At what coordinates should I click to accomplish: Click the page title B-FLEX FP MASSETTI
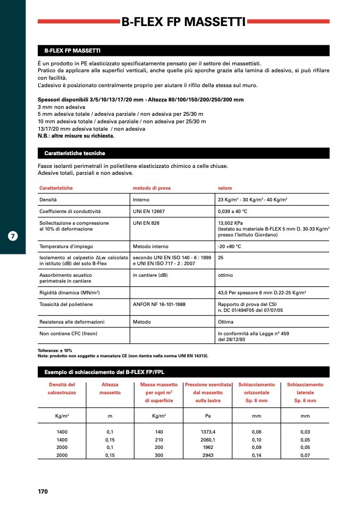pyautogui.click(x=183, y=22)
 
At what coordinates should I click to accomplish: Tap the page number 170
pyautogui.click(x=43, y=491)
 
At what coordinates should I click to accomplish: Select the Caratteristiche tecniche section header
pyautogui.click(x=74, y=154)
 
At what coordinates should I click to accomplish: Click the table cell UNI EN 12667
pyautogui.click(x=149, y=211)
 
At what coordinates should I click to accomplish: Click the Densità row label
pyautogui.click(x=48, y=200)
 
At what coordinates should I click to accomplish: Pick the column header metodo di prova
pyautogui.click(x=152, y=188)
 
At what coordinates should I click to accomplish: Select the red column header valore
pyautogui.click(x=225, y=188)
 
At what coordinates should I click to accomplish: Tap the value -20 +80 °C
pyautogui.click(x=230, y=247)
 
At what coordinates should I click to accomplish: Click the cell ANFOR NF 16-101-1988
pyautogui.click(x=160, y=304)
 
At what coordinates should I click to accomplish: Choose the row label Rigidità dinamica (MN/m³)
pyautogui.click(x=70, y=293)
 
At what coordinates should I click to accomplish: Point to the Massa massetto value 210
pyautogui.click(x=159, y=440)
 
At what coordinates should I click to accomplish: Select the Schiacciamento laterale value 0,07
pyautogui.click(x=305, y=455)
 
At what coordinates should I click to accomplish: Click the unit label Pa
pyautogui.click(x=208, y=416)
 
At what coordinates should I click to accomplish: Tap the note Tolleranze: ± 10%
pyautogui.click(x=54, y=351)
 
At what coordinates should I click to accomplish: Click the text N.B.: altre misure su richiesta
pyautogui.click(x=76, y=135)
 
